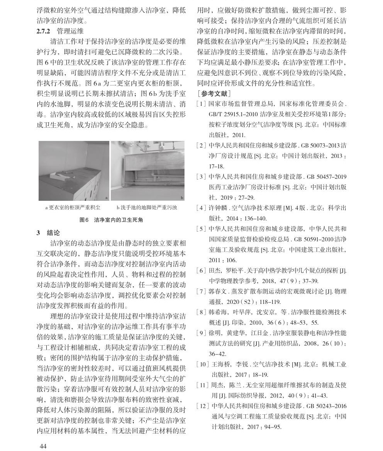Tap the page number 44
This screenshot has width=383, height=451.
(43, 446)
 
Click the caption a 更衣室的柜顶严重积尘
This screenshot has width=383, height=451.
(73, 208)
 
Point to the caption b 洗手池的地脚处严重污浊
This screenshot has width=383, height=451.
(147, 208)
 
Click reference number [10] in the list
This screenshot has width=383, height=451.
(202, 364)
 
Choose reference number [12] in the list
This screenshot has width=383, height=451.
(202, 406)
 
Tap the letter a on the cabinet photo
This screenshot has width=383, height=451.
(106, 198)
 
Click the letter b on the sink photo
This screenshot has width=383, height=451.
(182, 198)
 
